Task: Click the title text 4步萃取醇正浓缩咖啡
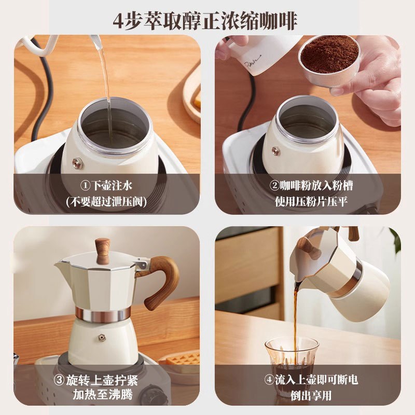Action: pos(208,20)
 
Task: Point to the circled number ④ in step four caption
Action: pos(269,380)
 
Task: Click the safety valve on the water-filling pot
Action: pos(77,163)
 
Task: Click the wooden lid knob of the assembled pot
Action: pos(103,251)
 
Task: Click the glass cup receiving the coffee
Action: pos(291,363)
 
